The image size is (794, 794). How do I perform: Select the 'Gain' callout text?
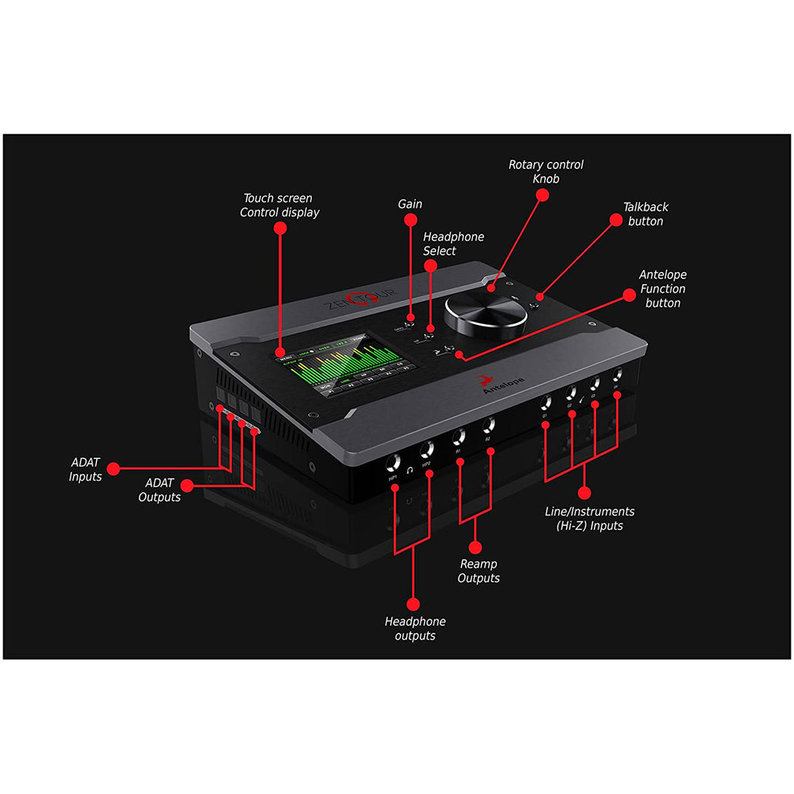coord(410,204)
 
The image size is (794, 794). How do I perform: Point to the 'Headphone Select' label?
coord(453,243)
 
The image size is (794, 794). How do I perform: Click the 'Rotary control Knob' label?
coord(546,171)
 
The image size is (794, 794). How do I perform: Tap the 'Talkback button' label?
coord(645,214)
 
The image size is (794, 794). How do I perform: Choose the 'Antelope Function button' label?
coord(662,288)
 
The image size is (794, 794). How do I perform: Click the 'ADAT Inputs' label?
coord(85,469)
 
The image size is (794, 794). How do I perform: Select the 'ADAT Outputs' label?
coord(160,490)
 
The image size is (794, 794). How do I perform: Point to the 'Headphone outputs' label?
coord(415,628)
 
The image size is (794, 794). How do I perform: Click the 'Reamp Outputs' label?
coord(478,571)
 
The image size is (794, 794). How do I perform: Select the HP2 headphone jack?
coord(426,450)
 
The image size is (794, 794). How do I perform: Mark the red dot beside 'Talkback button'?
coord(615,219)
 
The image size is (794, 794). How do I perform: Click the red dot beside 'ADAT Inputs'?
coord(114,468)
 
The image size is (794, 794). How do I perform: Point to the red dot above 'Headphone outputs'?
coord(413,602)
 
